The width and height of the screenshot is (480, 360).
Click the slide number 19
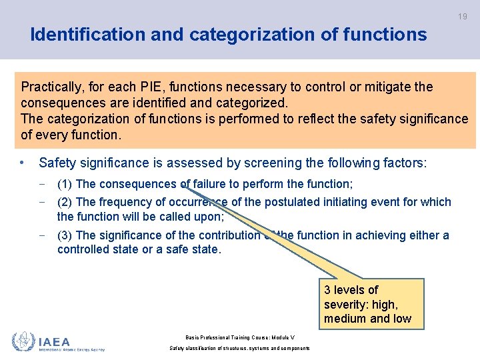[462, 16]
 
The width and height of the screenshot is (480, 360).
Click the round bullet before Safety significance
[23, 163]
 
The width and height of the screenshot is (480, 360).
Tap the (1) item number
[65, 184]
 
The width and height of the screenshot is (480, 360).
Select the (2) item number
[65, 202]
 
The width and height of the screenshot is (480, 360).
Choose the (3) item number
[65, 235]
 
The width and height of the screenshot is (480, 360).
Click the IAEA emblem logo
[22, 341]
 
